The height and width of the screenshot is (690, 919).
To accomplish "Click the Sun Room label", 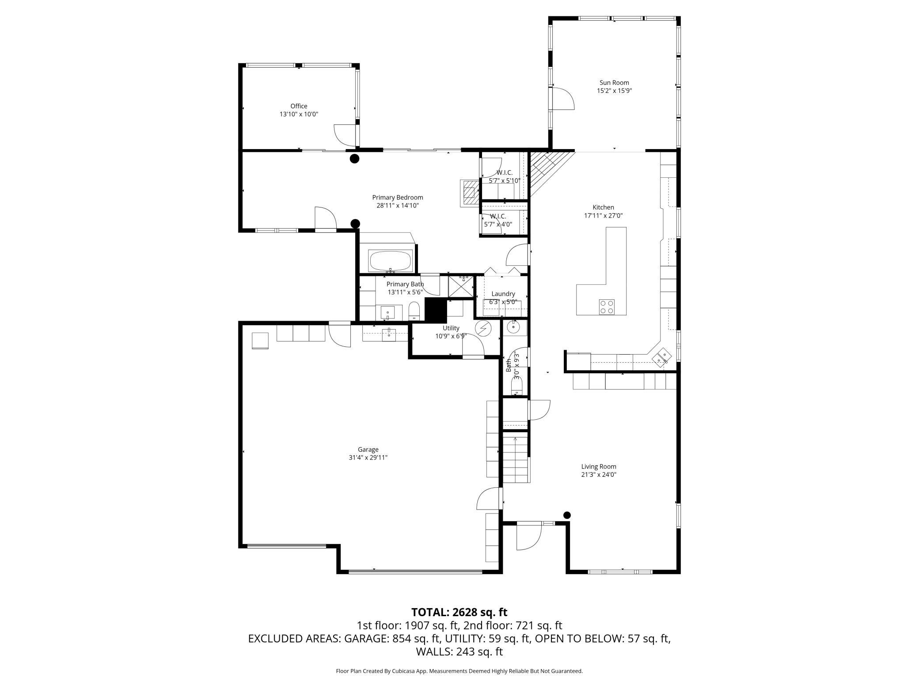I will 614,83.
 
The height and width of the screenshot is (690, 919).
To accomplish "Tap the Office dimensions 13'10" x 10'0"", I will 299,114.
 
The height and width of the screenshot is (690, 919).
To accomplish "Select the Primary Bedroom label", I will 397,198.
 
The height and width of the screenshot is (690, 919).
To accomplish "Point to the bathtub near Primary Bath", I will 391,261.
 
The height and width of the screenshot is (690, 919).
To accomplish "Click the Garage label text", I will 368,449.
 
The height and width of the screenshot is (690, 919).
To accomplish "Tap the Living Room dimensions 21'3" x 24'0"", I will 598,475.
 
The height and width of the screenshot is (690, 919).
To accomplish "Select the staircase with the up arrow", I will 516,458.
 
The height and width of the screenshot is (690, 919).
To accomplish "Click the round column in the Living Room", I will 567,515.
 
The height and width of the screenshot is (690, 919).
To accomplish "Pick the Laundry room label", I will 503,294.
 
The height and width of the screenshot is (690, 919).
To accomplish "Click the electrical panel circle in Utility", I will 483,328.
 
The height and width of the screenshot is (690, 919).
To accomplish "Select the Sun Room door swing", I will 562,99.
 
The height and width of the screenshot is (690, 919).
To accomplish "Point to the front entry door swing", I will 529,536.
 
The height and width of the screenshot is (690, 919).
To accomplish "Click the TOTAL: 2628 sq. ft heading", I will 459,612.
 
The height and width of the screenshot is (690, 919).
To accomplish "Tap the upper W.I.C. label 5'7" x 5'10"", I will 504,176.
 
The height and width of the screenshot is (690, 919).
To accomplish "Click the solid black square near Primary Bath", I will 436,310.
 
